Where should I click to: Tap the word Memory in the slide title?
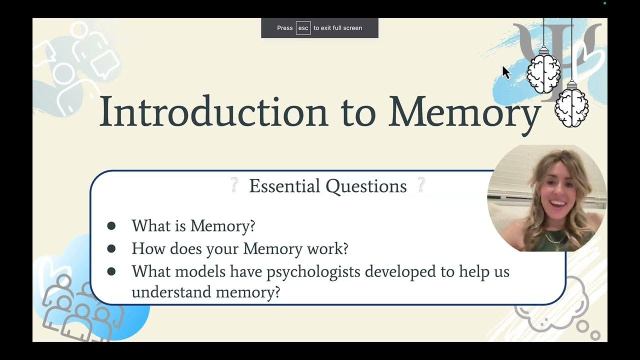pos(464,112)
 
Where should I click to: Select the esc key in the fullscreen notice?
pos(303,28)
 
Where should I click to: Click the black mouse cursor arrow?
pos(505,72)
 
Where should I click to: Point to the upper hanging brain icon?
pos(543,73)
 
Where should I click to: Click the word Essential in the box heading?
pos(284,186)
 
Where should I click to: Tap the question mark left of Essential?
pos(233,185)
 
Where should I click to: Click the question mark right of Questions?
pos(421,185)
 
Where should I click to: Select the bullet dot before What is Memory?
pos(111,226)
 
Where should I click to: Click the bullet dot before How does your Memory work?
pos(111,248)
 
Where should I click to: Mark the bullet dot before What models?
pos(111,271)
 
